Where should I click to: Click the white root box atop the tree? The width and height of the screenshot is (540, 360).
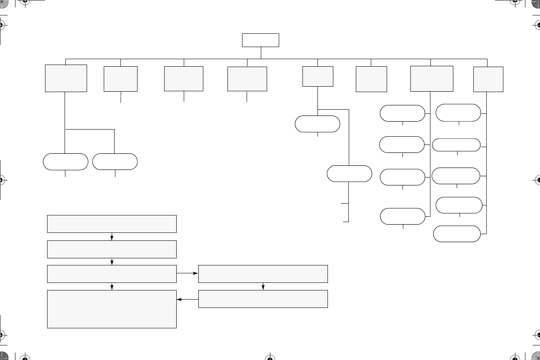pyautogui.click(x=260, y=40)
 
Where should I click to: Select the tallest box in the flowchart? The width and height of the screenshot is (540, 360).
pyautogui.click(x=112, y=309)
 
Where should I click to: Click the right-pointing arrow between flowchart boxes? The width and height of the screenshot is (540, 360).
pyautogui.click(x=187, y=274)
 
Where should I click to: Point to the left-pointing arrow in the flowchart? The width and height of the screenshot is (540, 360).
pyautogui.click(x=187, y=299)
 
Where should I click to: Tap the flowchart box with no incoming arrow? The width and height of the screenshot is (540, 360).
pyautogui.click(x=112, y=224)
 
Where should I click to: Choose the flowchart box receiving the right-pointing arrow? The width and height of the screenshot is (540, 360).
pyautogui.click(x=263, y=274)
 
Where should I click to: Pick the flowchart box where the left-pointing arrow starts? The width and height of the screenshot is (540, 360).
pyautogui.click(x=263, y=299)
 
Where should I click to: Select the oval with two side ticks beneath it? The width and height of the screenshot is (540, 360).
pyautogui.click(x=349, y=174)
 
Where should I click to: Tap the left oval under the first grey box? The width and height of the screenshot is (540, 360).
pyautogui.click(x=65, y=162)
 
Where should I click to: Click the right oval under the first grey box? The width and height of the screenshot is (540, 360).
pyautogui.click(x=115, y=162)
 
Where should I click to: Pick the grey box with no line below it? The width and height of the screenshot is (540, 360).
pyautogui.click(x=371, y=79)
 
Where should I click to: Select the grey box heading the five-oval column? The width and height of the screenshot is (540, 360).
pyautogui.click(x=488, y=79)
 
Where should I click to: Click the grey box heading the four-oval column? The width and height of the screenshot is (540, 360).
pyautogui.click(x=431, y=78)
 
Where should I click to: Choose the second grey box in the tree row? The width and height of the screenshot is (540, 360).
pyautogui.click(x=120, y=79)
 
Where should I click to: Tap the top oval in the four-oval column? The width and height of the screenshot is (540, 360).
pyautogui.click(x=402, y=113)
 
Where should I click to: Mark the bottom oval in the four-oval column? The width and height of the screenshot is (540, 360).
pyautogui.click(x=402, y=216)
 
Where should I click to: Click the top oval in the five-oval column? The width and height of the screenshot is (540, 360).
pyautogui.click(x=458, y=112)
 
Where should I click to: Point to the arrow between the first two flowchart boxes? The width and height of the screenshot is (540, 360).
pyautogui.click(x=112, y=237)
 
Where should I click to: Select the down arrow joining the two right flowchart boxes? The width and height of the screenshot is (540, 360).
pyautogui.click(x=263, y=286)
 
